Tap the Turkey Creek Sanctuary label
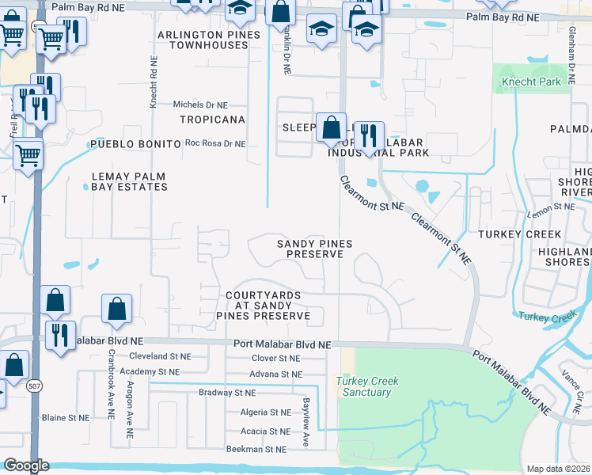[367, 386]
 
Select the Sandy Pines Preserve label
[314, 249]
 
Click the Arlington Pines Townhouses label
[208, 40]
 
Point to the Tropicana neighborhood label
[212, 120]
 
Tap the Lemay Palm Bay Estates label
[129, 181]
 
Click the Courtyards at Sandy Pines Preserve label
[264, 306]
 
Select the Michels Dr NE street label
[200, 104]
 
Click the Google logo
[26, 465]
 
